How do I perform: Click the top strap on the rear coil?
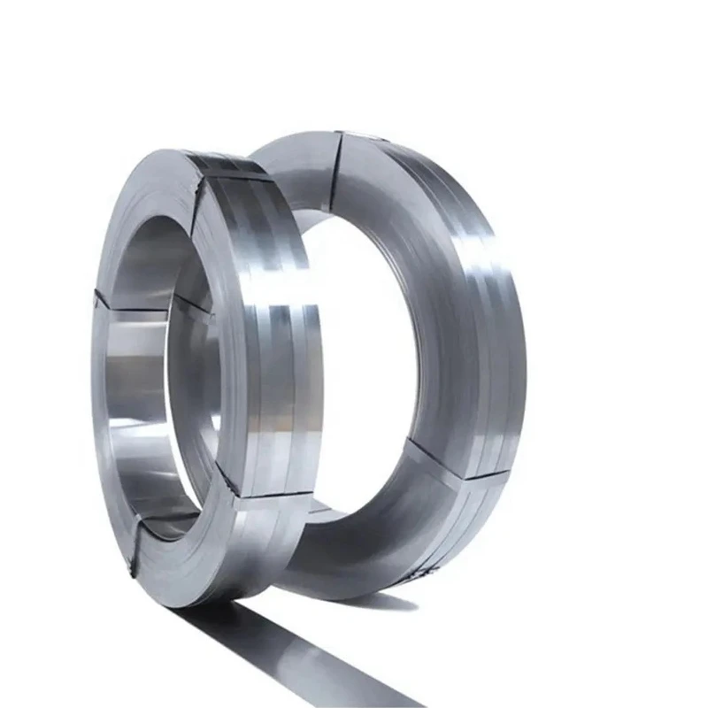(x=339, y=168)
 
